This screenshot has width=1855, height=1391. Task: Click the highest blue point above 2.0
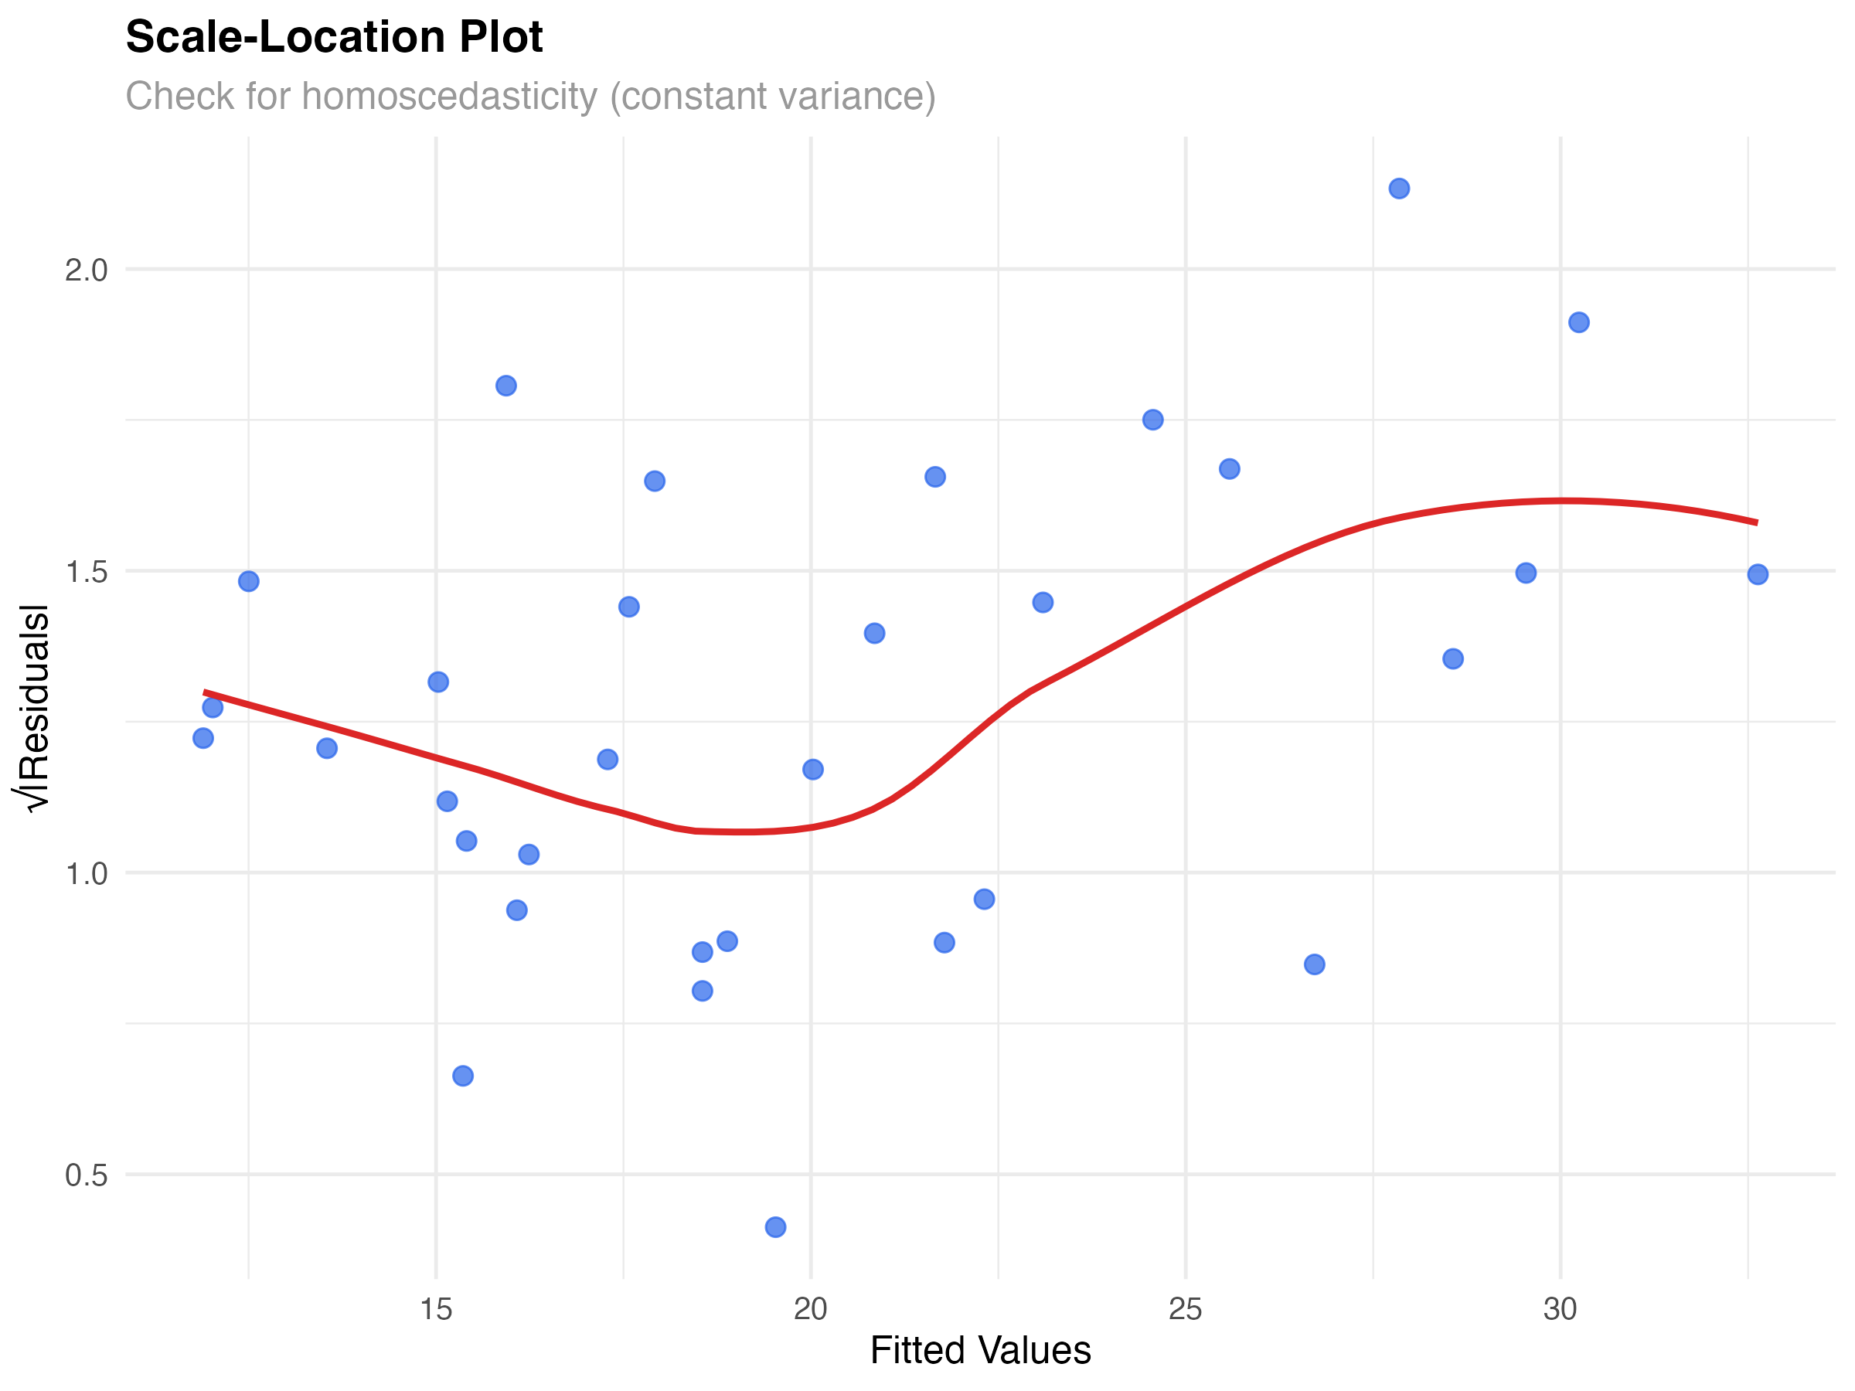click(1399, 188)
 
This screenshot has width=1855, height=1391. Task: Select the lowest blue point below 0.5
click(776, 1226)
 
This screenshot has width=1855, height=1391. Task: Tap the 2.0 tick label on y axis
click(87, 270)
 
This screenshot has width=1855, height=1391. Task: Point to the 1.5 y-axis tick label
click(87, 572)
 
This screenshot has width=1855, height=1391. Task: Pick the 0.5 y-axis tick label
click(87, 1175)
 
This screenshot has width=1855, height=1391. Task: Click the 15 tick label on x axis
click(435, 1309)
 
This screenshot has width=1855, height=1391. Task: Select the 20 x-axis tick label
click(810, 1309)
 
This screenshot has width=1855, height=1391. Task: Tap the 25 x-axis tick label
click(1185, 1309)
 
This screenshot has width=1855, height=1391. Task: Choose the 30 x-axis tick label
click(1560, 1309)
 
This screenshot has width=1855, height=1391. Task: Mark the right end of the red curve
click(1757, 522)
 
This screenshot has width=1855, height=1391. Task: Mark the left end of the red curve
click(205, 692)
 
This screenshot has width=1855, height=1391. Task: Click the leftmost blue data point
click(203, 738)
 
